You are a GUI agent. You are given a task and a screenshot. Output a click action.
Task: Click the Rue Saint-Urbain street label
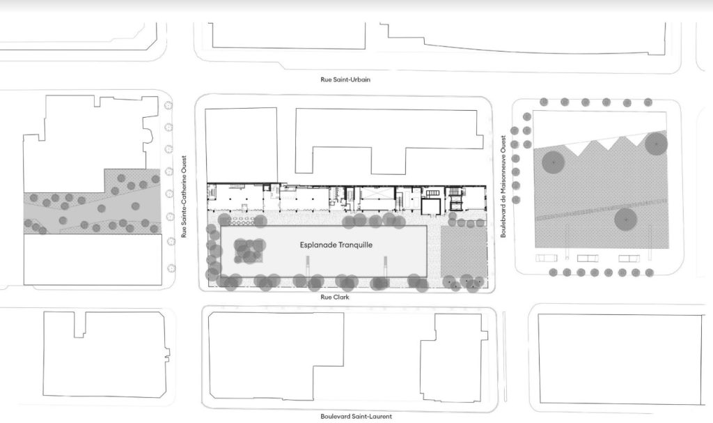(x=345, y=79)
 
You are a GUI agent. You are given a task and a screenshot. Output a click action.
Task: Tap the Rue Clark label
(x=335, y=298)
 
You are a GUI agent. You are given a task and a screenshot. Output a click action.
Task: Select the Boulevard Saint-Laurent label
(x=356, y=416)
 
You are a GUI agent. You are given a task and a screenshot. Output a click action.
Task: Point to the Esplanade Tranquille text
(x=336, y=245)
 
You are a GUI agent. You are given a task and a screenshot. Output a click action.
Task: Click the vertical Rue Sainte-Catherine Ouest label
(x=184, y=197)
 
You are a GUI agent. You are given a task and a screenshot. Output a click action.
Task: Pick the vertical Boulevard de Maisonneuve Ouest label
(x=503, y=186)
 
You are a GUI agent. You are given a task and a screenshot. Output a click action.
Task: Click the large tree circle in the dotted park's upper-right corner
(x=656, y=143)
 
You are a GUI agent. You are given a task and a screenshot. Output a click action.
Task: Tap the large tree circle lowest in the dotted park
(x=626, y=220)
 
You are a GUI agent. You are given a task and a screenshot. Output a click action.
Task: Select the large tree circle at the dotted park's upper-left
(x=554, y=162)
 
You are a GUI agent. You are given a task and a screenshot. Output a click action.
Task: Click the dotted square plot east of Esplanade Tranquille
(x=464, y=252)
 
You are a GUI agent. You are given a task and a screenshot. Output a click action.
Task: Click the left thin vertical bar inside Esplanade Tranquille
(x=307, y=266)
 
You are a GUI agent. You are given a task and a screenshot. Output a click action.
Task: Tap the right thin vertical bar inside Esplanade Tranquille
(x=386, y=266)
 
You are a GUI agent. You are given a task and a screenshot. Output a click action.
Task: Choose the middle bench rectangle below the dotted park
(x=588, y=259)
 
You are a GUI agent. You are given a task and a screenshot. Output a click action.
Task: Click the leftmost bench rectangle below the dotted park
(x=546, y=258)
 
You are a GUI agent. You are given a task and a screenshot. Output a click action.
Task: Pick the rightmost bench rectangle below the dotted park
(x=629, y=259)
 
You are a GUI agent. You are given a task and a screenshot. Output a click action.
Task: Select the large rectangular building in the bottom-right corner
(x=620, y=360)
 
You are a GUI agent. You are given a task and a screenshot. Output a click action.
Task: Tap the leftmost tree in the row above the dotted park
(x=544, y=102)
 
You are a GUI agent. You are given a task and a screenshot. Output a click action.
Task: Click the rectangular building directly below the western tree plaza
(x=93, y=259)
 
